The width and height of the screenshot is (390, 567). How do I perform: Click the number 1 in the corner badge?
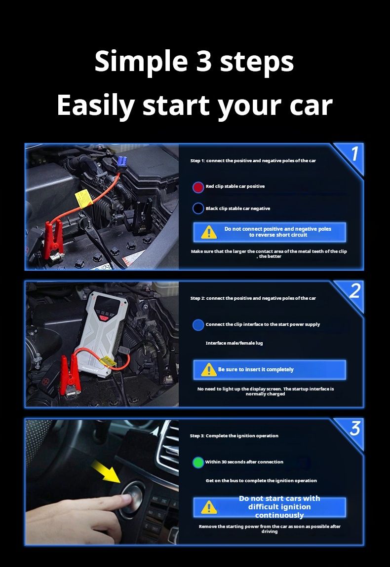[x=353, y=155]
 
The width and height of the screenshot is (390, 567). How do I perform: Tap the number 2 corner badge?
[x=354, y=292]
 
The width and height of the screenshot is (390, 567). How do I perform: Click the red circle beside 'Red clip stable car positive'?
[x=198, y=187]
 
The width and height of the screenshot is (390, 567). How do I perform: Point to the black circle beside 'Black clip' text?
[x=198, y=209]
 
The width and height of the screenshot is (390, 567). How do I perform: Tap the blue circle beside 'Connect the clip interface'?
[x=198, y=324]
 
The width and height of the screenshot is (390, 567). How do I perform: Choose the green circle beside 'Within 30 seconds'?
[x=198, y=462]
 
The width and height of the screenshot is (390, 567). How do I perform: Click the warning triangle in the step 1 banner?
[x=209, y=232]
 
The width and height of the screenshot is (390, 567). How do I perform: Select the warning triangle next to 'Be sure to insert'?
[x=209, y=370]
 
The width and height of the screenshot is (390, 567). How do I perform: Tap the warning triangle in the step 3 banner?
[x=209, y=507]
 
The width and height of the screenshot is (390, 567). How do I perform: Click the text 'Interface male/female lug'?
[x=234, y=343]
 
